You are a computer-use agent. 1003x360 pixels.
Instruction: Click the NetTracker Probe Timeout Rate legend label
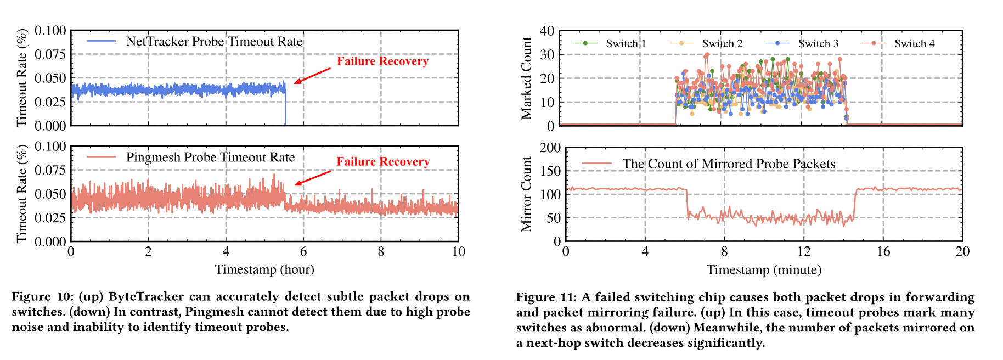[x=214, y=42]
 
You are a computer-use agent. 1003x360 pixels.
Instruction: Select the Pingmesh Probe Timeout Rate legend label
[x=210, y=157]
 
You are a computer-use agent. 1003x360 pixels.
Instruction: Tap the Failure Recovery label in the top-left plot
[x=382, y=61]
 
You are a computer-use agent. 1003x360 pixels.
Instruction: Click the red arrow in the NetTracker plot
[x=312, y=76]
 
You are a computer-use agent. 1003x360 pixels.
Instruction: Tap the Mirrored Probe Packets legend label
[x=729, y=164]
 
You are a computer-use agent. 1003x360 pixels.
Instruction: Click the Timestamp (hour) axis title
[x=264, y=269]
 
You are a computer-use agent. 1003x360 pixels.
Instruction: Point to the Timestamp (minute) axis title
[x=764, y=269]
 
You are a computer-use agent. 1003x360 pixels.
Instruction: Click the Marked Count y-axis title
[x=527, y=78]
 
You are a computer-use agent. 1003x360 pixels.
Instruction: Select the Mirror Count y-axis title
[x=527, y=194]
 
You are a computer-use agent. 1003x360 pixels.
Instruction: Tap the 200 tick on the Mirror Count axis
[x=550, y=148]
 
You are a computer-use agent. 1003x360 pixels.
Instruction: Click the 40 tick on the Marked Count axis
[x=547, y=31]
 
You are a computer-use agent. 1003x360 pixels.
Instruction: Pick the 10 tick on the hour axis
[x=458, y=251]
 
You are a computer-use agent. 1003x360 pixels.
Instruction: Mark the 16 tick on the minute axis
[x=883, y=251]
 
